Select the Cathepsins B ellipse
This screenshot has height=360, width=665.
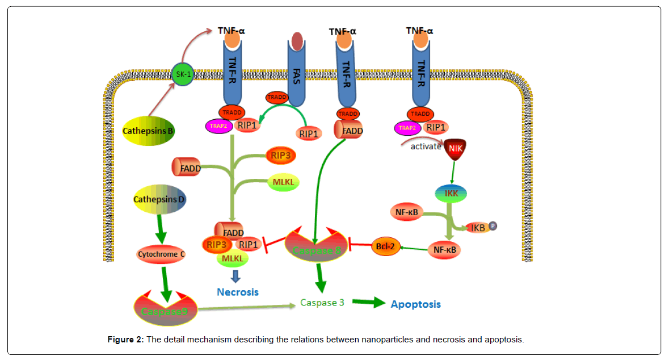(x=148, y=131)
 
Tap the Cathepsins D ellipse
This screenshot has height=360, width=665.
(x=159, y=199)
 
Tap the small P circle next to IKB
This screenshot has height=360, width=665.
(x=493, y=226)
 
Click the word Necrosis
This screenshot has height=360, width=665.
(x=238, y=292)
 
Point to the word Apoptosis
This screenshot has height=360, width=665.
(x=415, y=304)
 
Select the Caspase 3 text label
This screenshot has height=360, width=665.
(x=322, y=303)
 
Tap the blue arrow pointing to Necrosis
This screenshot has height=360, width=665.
(x=235, y=276)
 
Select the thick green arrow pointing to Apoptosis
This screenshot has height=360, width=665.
(x=369, y=303)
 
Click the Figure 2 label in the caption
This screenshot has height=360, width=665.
(x=125, y=340)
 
